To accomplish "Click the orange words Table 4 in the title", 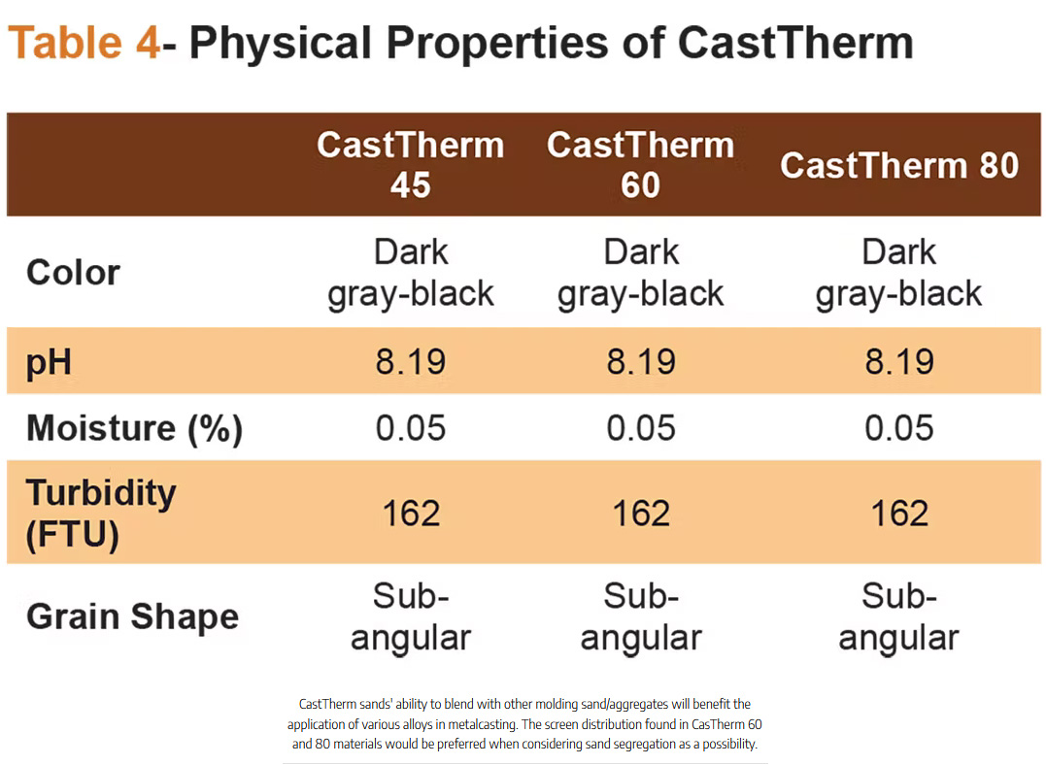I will pos(84,44).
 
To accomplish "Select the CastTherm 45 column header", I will pos(411,164).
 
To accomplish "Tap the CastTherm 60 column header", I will pos(640,164).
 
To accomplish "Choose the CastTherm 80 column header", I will pos(899,165).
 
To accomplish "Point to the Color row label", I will pos(74,273).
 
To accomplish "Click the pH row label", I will pos(50,363).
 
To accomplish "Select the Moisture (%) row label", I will pos(134,428).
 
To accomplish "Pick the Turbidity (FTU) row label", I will pos(101,513).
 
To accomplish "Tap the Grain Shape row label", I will pos(132,616).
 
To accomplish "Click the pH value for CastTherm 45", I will pos(411,362).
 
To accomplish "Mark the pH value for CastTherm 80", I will pos(899,362).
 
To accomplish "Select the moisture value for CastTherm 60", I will pos(641,428).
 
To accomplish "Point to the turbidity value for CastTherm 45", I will pos(411,513).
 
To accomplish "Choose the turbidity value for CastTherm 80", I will pos(899,513).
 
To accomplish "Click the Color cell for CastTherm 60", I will pos(641,273).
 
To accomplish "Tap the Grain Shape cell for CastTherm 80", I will pos(899,616).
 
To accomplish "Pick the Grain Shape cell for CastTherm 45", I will pos(411,616).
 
